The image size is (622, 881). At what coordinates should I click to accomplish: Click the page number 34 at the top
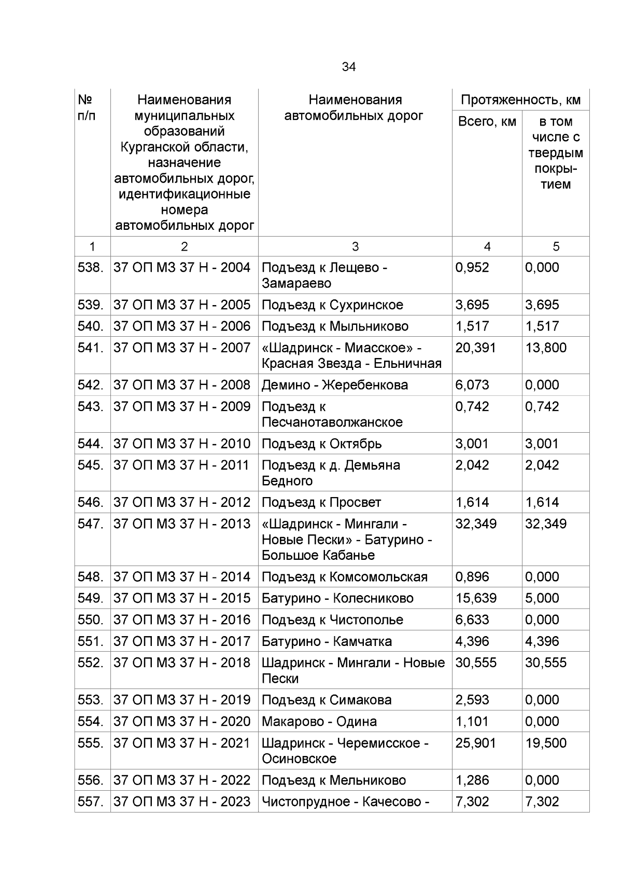pyautogui.click(x=348, y=67)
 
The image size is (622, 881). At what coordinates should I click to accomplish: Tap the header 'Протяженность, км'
pyautogui.click(x=520, y=100)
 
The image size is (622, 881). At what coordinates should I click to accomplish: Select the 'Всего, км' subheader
pyautogui.click(x=487, y=122)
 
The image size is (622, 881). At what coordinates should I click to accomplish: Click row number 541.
pyautogui.click(x=91, y=348)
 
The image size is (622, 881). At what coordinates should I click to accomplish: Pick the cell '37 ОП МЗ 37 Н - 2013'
pyautogui.click(x=182, y=524)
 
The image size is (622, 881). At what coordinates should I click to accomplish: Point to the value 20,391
pyautogui.click(x=475, y=348)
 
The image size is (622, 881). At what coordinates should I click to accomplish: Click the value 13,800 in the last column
pyautogui.click(x=545, y=348)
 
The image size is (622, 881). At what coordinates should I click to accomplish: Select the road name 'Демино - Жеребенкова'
pyautogui.click(x=334, y=385)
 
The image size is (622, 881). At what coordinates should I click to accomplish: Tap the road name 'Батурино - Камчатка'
pyautogui.click(x=327, y=641)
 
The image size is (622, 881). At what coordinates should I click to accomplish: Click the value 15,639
pyautogui.click(x=475, y=598)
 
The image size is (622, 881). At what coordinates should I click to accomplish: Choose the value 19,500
pyautogui.click(x=545, y=743)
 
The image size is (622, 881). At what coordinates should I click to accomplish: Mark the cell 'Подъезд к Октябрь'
pyautogui.click(x=321, y=444)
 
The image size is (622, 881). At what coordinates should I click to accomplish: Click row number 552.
pyautogui.click(x=91, y=663)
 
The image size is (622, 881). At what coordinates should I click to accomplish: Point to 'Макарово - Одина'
pyautogui.click(x=319, y=722)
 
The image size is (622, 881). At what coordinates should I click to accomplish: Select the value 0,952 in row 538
pyautogui.click(x=472, y=268)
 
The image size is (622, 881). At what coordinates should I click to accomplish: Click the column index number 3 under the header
pyautogui.click(x=355, y=246)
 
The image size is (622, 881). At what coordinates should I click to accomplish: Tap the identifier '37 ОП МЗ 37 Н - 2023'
pyautogui.click(x=182, y=802)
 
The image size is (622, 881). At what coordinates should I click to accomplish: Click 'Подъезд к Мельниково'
pyautogui.click(x=333, y=780)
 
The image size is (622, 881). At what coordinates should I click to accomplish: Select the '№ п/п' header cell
pyautogui.click(x=87, y=107)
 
